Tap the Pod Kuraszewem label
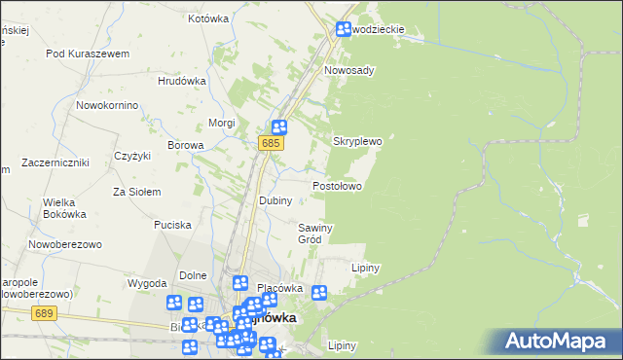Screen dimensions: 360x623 (x=88, y=54)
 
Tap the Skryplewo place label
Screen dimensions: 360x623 (x=358, y=141)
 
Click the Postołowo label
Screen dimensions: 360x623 (x=337, y=186)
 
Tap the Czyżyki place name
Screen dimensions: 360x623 (x=131, y=156)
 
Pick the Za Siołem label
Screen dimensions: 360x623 (x=137, y=192)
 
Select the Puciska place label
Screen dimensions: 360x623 (x=172, y=225)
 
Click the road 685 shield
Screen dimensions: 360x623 (x=272, y=144)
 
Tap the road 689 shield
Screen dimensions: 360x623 (x=42, y=313)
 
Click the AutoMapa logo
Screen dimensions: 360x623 (x=558, y=341)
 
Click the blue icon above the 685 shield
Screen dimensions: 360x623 (x=278, y=126)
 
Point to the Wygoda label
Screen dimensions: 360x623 (x=147, y=283)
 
